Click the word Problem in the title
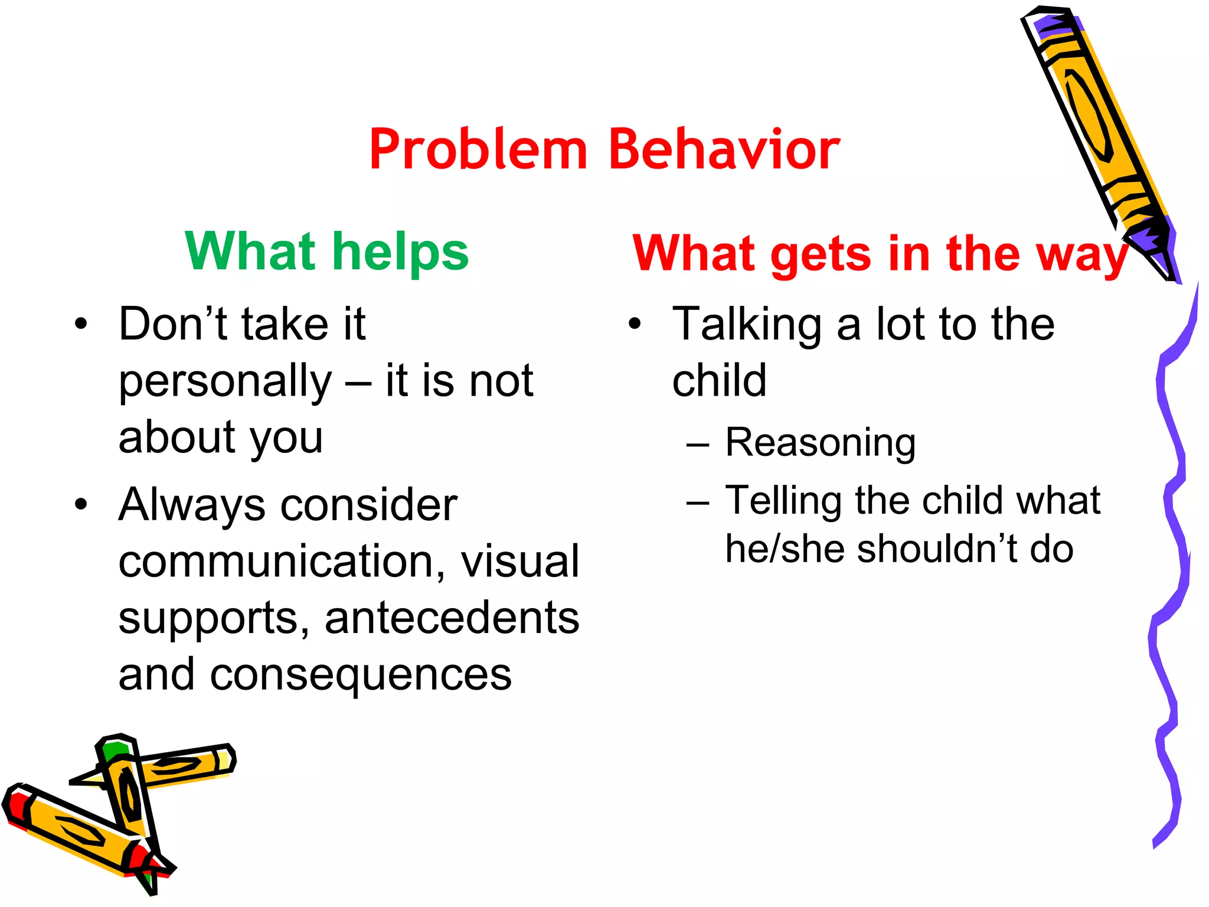point(478,151)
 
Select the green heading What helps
point(326,252)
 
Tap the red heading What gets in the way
point(880,254)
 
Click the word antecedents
point(452,618)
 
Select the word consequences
point(361,675)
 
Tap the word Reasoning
point(820,443)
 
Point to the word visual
point(519,562)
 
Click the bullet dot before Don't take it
point(81,324)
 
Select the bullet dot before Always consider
point(81,505)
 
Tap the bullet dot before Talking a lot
point(634,324)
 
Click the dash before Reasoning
point(697,444)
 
